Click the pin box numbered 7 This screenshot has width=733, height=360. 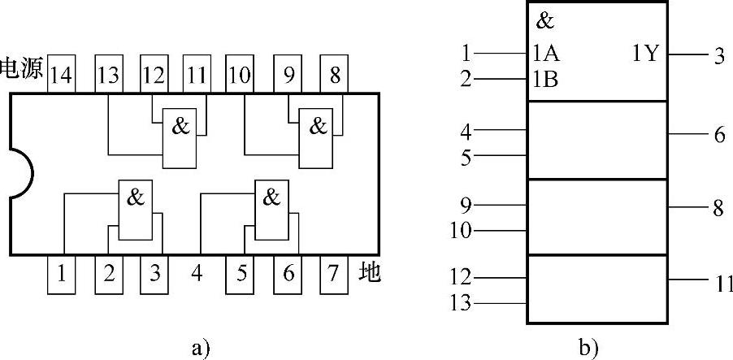pos(332,273)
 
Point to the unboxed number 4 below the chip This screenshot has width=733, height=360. pos(197,273)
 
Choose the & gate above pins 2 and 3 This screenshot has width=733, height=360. pos(136,210)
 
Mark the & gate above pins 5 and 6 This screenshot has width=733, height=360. pos(272,210)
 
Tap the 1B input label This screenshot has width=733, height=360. pos(545,80)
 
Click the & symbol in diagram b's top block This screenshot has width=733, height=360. pos(544,22)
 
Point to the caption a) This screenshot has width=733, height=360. pos(199,348)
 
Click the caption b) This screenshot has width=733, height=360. pos(588,348)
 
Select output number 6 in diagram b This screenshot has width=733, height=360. pos(719,134)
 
